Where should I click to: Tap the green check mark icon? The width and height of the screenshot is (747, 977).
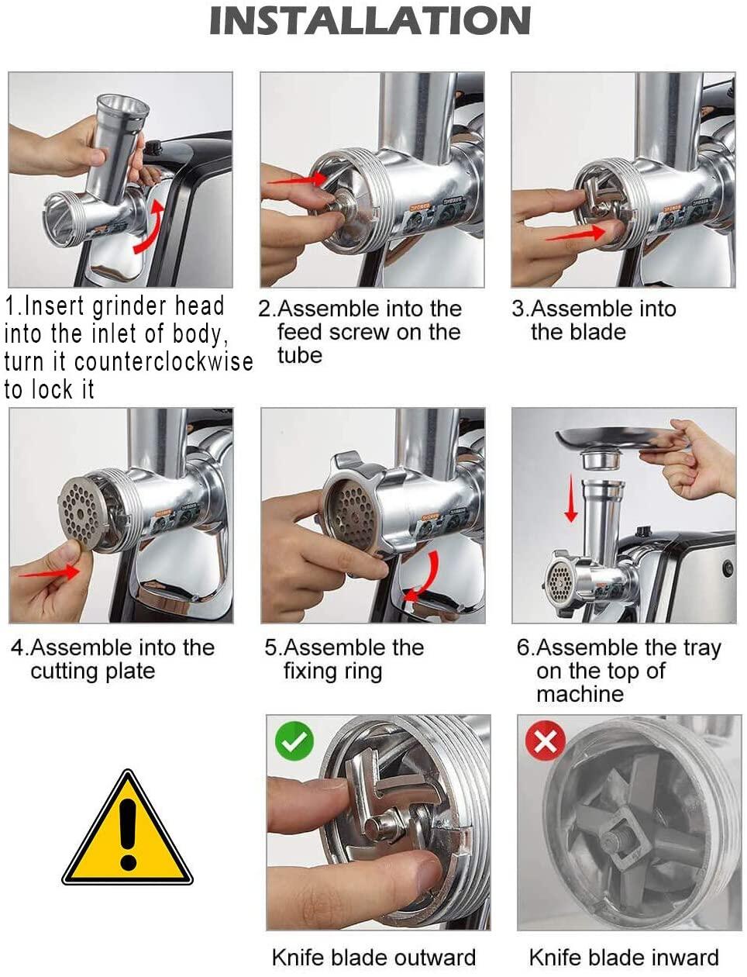pyautogui.click(x=294, y=741)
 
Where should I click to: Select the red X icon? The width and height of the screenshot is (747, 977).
pyautogui.click(x=546, y=741)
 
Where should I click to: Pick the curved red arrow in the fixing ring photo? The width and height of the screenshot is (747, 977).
pyautogui.click(x=425, y=578)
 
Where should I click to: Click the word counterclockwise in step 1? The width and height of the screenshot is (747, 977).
pyautogui.click(x=164, y=361)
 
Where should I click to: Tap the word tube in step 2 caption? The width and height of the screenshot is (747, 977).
pyautogui.click(x=300, y=356)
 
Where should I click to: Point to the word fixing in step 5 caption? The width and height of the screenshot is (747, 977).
pyautogui.click(x=311, y=671)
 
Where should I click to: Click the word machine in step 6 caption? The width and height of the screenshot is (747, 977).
pyautogui.click(x=580, y=694)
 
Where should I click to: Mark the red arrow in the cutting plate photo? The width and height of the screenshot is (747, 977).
pyautogui.click(x=50, y=573)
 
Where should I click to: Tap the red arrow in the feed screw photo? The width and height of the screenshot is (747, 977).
pyautogui.click(x=298, y=179)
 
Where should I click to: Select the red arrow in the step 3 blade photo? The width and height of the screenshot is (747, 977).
pyautogui.click(x=576, y=234)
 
